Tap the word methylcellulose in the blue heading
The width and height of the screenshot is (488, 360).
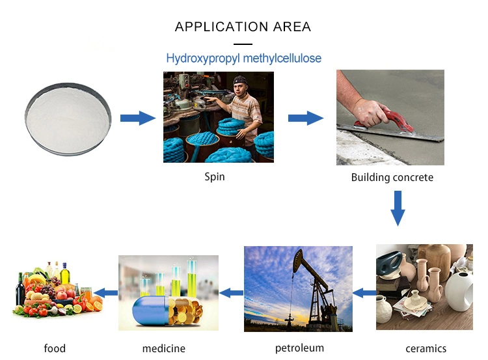(282, 58)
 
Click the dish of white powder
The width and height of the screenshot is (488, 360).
(68, 119)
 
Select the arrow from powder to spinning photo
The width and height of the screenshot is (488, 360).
(138, 118)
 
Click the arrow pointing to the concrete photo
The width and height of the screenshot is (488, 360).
(306, 118)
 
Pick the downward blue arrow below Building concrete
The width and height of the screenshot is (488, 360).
(398, 208)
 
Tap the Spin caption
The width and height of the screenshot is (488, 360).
(215, 177)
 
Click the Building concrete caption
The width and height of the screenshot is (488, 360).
(392, 177)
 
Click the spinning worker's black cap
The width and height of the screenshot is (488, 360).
(240, 80)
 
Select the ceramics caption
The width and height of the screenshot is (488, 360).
(426, 348)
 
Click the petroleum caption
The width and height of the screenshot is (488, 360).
(299, 348)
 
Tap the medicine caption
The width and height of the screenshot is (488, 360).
(164, 348)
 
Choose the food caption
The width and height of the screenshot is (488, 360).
(55, 348)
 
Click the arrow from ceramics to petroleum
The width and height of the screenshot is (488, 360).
(364, 293)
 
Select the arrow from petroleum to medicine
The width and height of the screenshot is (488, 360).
(231, 293)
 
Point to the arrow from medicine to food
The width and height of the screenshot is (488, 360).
(106, 293)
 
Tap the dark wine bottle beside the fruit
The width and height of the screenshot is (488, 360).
(20, 290)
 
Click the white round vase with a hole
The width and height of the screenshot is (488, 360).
(459, 292)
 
